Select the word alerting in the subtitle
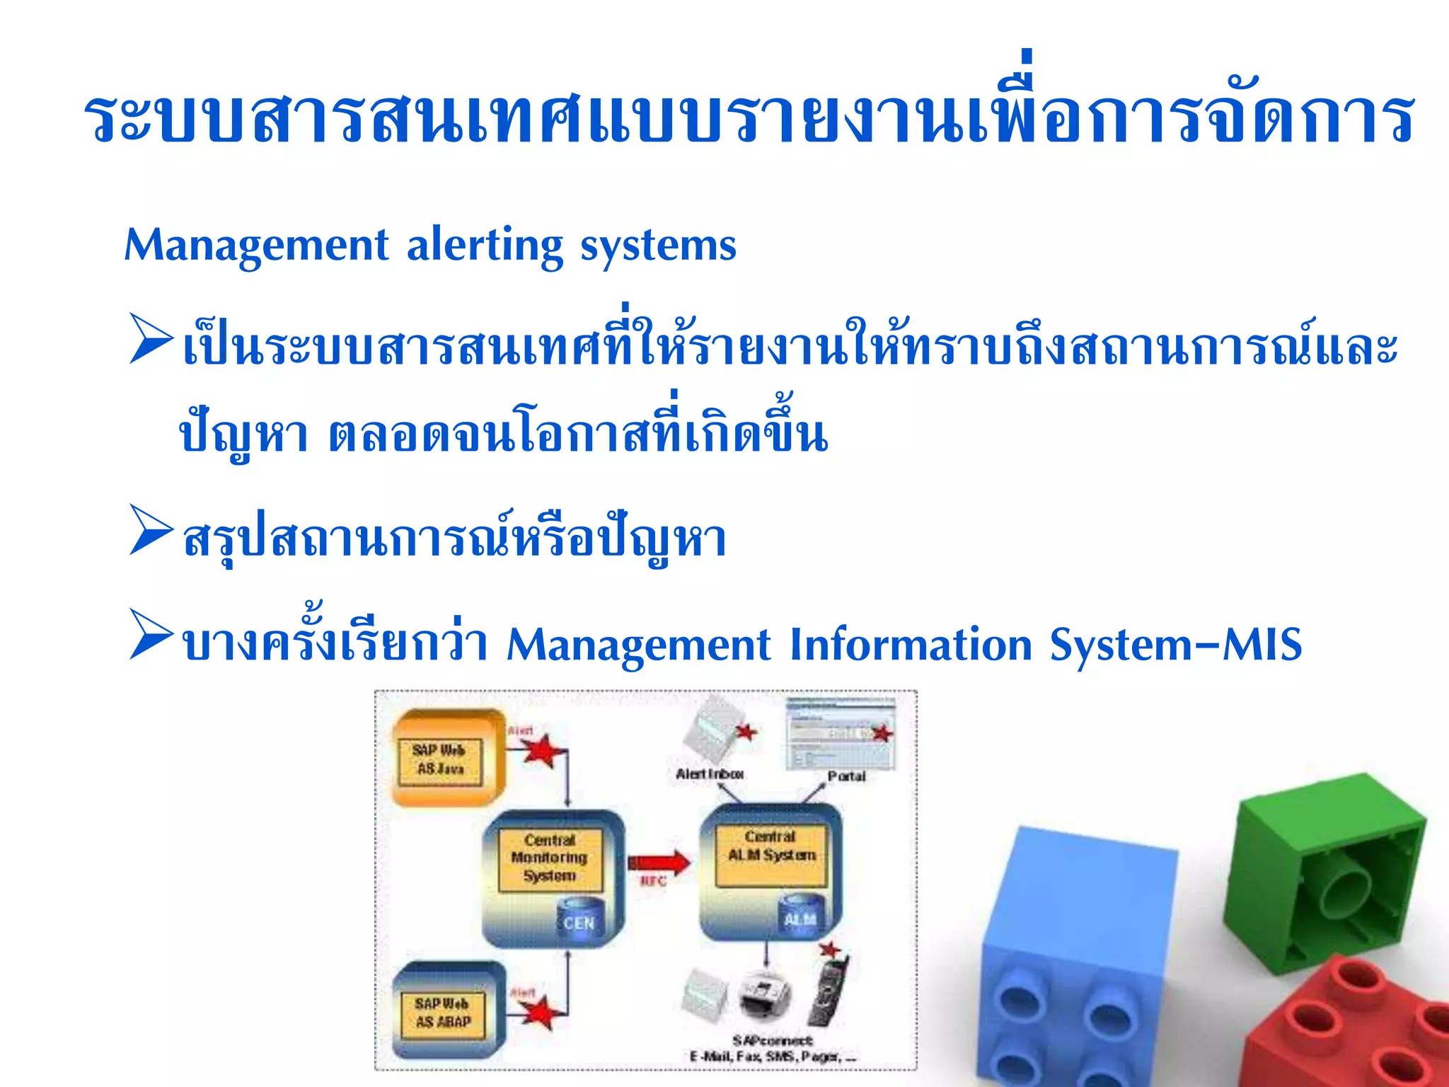pyautogui.click(x=485, y=246)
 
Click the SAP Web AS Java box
pyautogui.click(x=440, y=759)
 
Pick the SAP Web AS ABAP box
pyautogui.click(x=443, y=1013)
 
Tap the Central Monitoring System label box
pyautogui.click(x=550, y=858)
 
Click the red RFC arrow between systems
pyautogui.click(x=658, y=862)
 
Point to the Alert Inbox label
pyautogui.click(x=709, y=774)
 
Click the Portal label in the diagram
pyautogui.click(x=846, y=776)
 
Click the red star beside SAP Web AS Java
pyautogui.click(x=543, y=750)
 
